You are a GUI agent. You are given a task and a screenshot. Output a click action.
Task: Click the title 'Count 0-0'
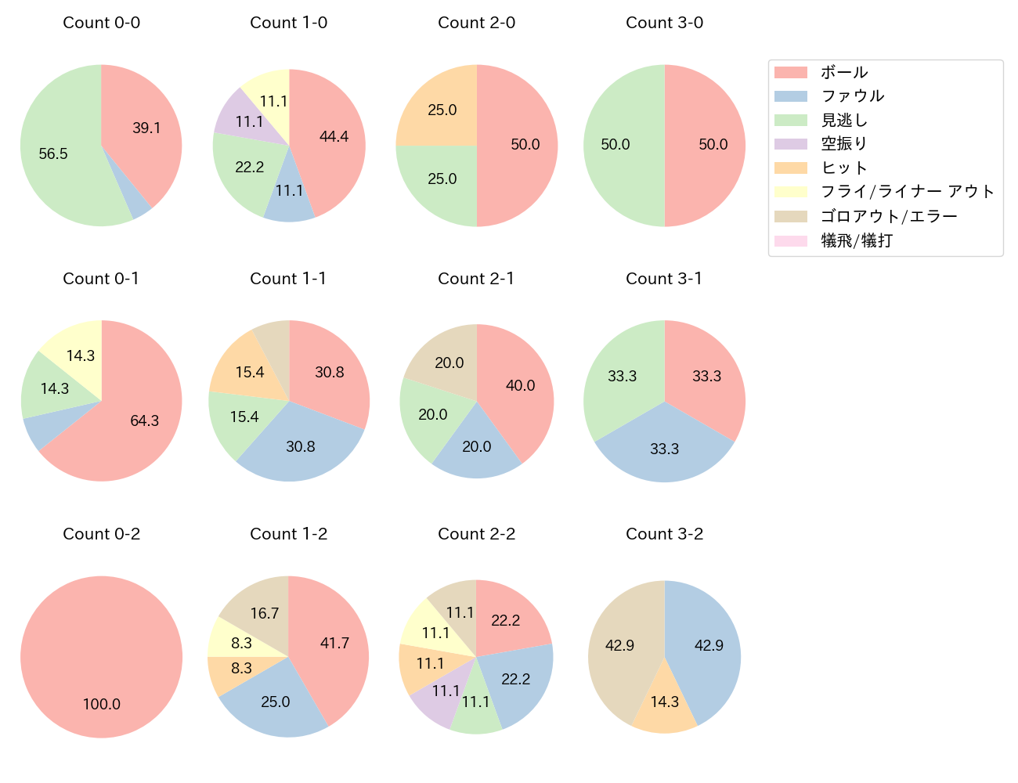101,23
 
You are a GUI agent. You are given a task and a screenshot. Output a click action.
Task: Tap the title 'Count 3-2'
664,534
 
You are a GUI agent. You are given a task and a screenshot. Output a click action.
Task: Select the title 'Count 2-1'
476,279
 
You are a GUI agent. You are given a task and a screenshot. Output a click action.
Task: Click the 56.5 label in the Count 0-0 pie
53,154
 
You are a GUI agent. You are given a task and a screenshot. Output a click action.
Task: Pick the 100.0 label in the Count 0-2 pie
102,704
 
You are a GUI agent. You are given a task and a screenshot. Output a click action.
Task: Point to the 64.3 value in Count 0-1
144,420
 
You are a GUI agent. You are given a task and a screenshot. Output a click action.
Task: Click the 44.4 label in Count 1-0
334,136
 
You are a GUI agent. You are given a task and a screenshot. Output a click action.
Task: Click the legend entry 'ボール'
844,72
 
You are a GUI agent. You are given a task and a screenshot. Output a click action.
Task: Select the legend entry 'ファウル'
852,96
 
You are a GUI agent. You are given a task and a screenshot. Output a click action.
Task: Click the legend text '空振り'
844,144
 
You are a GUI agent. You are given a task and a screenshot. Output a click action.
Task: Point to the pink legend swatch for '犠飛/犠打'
790,240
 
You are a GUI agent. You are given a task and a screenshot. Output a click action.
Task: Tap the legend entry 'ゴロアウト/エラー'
889,216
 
